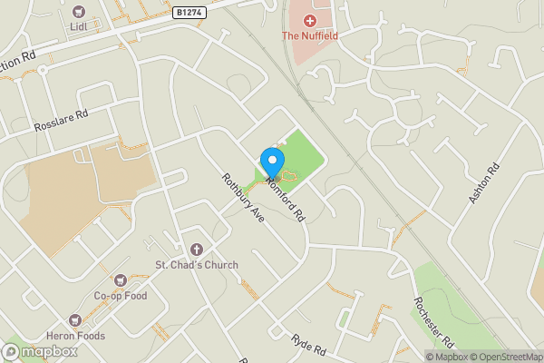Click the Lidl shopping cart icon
pos(77,13)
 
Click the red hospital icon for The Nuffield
pos(309,19)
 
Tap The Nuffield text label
pos(309,36)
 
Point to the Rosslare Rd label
pos(61,121)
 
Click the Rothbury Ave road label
pos(241,200)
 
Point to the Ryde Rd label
pos(307,343)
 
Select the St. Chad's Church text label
pos(196,265)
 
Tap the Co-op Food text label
pos(120,296)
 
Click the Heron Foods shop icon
pos(76,319)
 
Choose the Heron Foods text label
pos(76,336)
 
